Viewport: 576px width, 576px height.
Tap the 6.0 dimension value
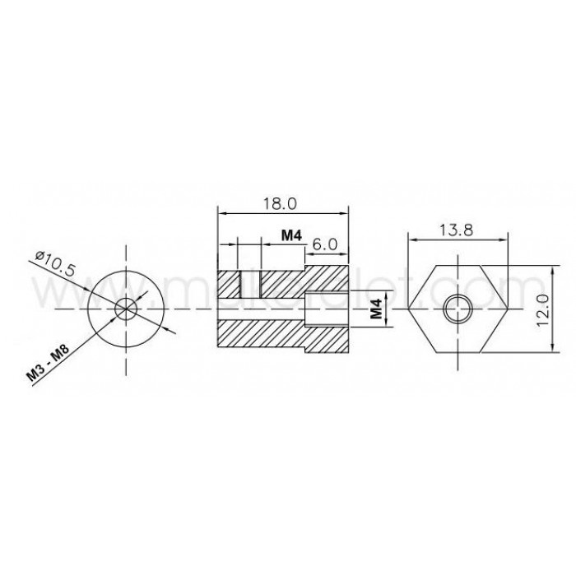[326, 244]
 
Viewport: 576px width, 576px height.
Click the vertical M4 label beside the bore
[376, 310]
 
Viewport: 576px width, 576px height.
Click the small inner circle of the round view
[126, 309]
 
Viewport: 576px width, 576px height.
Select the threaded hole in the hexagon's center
[457, 310]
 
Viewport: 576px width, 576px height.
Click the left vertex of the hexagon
[409, 310]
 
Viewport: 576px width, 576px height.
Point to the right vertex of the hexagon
[509, 310]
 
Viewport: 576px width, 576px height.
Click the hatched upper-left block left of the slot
[227, 284]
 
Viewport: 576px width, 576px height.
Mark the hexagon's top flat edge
[459, 267]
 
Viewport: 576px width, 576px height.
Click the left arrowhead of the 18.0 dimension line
[220, 213]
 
